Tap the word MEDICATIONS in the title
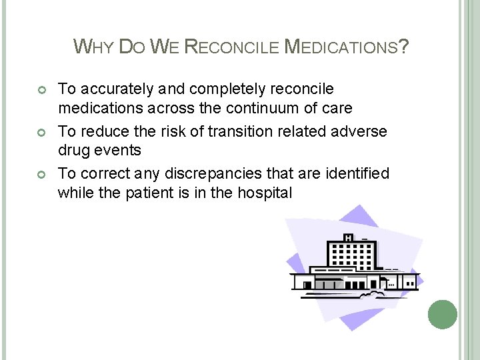[340, 47]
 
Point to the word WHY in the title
[93, 47]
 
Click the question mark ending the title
[403, 47]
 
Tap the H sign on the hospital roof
[347, 238]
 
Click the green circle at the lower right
[442, 314]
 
